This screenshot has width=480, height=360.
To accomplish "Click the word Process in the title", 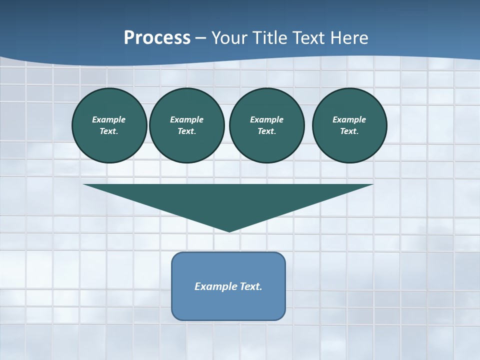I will pyautogui.click(x=157, y=38).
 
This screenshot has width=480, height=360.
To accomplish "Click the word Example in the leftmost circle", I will pyautogui.click(x=109, y=119).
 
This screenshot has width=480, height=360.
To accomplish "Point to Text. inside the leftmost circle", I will pyautogui.click(x=109, y=131).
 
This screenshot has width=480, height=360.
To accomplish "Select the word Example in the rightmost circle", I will pyautogui.click(x=349, y=119).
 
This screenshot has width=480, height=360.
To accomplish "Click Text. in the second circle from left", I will pyautogui.click(x=187, y=131).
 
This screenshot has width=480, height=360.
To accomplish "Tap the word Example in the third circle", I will pyautogui.click(x=266, y=119).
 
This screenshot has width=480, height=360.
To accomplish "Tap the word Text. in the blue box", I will pyautogui.click(x=251, y=286).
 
